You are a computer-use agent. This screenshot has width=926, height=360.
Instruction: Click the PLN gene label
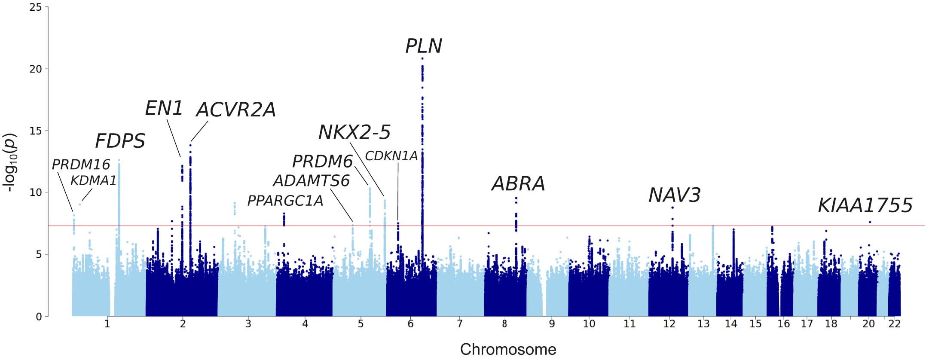423,46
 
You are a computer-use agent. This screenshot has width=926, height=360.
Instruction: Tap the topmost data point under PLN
422,58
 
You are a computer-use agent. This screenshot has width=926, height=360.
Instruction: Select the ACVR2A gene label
235,110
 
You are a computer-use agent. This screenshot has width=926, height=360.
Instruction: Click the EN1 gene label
164,108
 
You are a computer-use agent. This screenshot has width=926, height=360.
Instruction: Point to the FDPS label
120,141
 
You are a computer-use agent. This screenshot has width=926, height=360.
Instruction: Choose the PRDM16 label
81,165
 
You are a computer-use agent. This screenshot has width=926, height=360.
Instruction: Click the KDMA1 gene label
93,181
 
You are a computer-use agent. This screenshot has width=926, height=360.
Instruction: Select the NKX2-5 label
354,132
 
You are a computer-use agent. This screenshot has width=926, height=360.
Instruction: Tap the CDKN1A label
391,156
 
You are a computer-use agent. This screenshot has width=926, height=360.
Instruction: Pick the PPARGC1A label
285,201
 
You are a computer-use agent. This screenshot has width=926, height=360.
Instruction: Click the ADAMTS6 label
311,181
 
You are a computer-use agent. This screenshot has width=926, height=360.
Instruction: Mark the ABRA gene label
518,184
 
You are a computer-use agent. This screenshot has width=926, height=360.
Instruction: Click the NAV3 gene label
674,195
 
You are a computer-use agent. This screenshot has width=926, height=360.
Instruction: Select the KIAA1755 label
865,205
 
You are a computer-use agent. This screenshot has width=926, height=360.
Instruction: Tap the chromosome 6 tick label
410,324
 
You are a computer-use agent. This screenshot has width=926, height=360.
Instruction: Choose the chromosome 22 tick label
894,324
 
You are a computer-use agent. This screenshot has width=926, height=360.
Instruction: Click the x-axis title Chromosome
508,349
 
